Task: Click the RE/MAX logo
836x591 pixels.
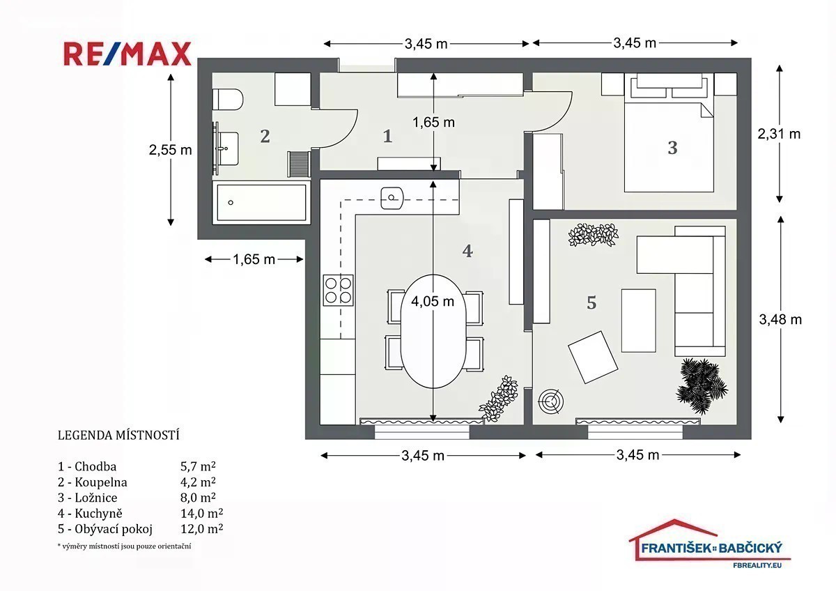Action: pos(127,54)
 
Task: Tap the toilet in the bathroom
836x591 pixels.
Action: pos(228,99)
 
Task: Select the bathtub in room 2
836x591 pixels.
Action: pos(261,202)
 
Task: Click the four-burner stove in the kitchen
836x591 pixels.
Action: pos(338,290)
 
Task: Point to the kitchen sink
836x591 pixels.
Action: pos(392,198)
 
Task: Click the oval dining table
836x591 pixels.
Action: pos(433,331)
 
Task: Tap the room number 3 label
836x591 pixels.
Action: pos(672,148)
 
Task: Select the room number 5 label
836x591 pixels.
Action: pos(591,302)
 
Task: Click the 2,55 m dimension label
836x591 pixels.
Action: pos(170,150)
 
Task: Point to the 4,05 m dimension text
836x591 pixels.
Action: pos(433,301)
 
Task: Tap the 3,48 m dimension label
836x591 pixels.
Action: pos(780,320)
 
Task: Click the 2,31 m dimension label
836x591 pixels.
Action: pos(779,134)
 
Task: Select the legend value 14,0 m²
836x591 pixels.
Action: pos(201,514)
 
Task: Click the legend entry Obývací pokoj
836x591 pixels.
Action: pos(114,529)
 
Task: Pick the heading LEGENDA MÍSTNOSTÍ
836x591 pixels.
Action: pos(118,436)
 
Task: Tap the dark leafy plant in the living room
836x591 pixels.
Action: pos(702,386)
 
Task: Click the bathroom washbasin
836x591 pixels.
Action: pos(226,148)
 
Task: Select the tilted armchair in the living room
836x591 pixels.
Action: pos(593,357)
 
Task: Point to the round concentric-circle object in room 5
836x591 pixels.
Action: pos(550,402)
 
